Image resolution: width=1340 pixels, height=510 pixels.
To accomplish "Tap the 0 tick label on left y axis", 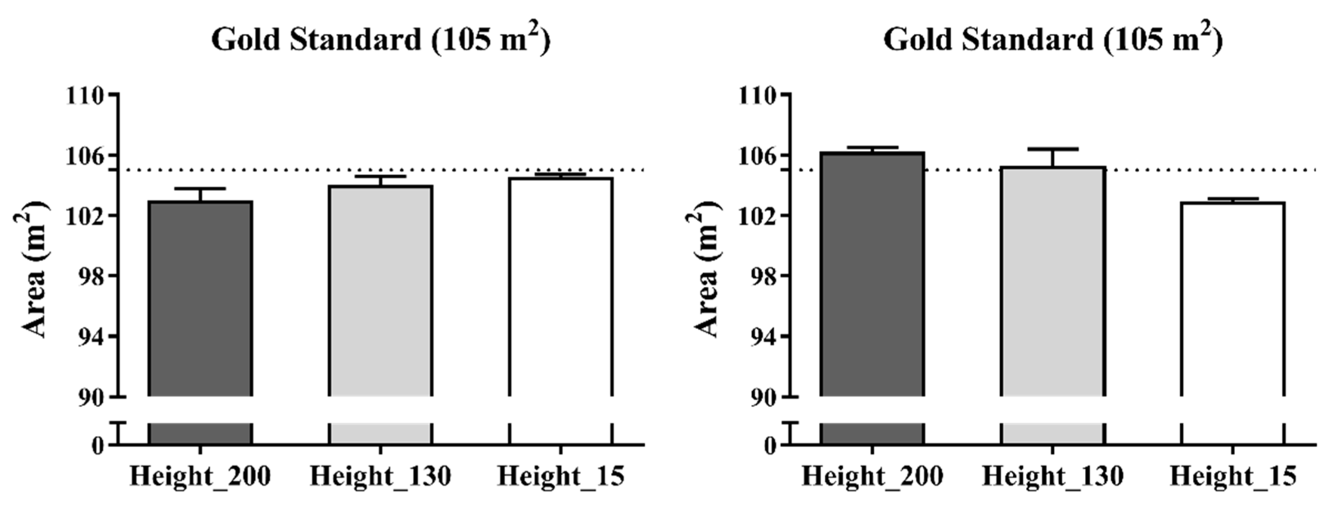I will (98, 445).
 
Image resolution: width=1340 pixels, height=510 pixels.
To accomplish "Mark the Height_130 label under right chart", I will (1053, 476).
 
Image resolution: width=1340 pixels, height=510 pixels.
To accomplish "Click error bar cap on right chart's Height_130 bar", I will (1053, 149).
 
